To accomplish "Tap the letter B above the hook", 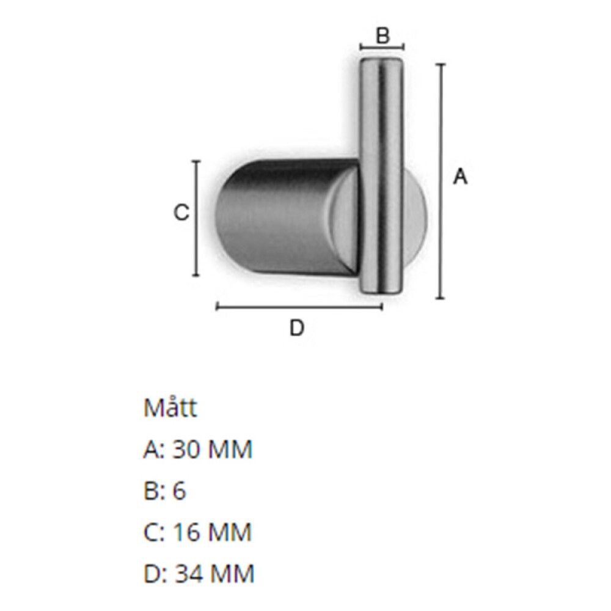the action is click(x=382, y=35).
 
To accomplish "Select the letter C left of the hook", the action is click(x=181, y=213).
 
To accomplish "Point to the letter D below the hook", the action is click(x=297, y=327).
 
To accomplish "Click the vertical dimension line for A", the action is click(x=441, y=181).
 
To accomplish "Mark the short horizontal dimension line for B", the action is click(x=382, y=48).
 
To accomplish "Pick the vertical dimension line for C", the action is click(x=196, y=218).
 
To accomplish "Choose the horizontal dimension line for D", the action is click(x=299, y=307).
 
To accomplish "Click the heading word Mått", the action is click(x=170, y=408).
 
